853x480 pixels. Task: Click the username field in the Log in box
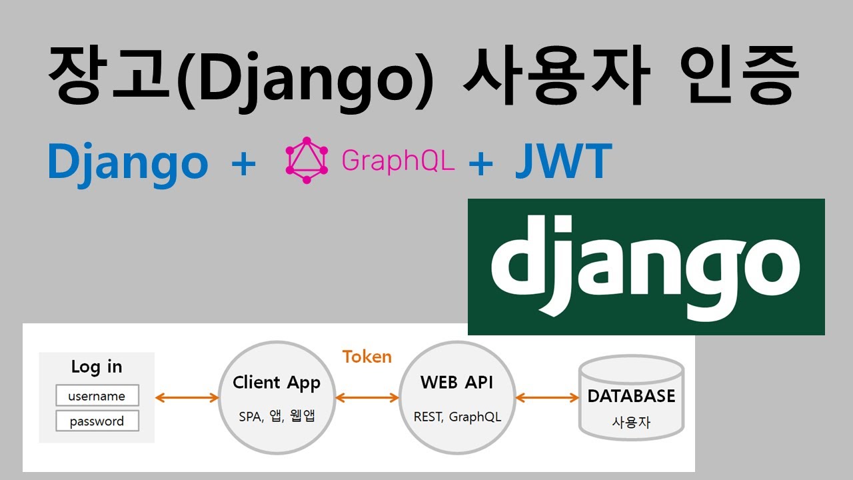click(97, 396)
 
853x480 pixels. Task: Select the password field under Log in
click(97, 421)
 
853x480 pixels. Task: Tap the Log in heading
click(97, 367)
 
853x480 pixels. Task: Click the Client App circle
click(277, 398)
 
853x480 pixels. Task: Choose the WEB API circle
click(456, 398)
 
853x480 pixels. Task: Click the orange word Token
click(367, 357)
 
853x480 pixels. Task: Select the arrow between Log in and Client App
click(187, 398)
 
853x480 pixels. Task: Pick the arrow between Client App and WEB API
click(367, 398)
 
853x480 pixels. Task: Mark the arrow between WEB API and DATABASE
click(547, 398)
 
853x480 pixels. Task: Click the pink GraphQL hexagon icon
click(307, 160)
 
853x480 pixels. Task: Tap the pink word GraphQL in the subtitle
click(398, 160)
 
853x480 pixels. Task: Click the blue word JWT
click(563, 161)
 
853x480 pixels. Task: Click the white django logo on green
click(645, 265)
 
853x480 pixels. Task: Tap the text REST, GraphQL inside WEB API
click(457, 417)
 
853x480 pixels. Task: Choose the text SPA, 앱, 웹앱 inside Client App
click(277, 417)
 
